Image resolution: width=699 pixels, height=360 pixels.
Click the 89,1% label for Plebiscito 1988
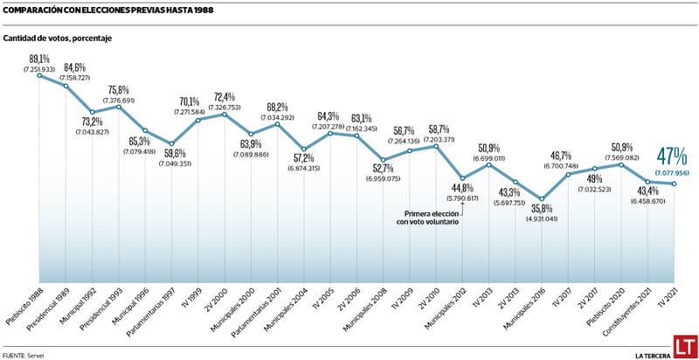point(38,59)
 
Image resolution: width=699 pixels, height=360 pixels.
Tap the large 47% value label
point(671,156)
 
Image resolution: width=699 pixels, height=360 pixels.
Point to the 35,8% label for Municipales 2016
point(541,208)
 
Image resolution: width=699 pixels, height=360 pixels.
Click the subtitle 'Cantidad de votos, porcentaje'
point(58,38)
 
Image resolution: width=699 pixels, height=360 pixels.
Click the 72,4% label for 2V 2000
point(224,97)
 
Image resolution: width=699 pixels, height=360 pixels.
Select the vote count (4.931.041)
point(541,218)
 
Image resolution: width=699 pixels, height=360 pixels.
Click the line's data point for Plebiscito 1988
point(38,76)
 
